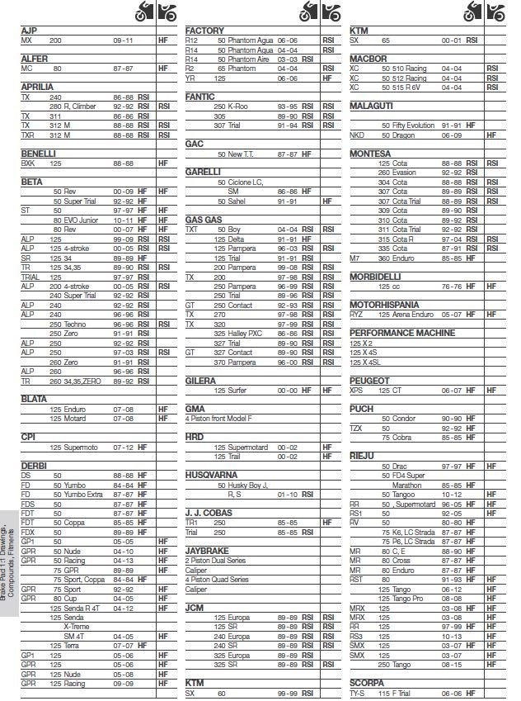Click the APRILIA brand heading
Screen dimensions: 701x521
click(x=37, y=86)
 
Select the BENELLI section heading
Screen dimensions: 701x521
click(x=38, y=153)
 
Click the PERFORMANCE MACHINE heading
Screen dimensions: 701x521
click(x=402, y=332)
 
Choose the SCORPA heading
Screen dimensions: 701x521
click(x=367, y=683)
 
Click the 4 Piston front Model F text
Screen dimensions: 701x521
click(x=219, y=419)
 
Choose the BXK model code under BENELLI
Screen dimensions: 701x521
click(x=28, y=163)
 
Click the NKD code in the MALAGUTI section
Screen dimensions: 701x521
click(x=357, y=135)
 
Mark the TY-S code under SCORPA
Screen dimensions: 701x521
click(x=358, y=694)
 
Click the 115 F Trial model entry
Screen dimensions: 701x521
click(x=400, y=694)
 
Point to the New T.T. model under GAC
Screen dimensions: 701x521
click(x=237, y=154)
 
